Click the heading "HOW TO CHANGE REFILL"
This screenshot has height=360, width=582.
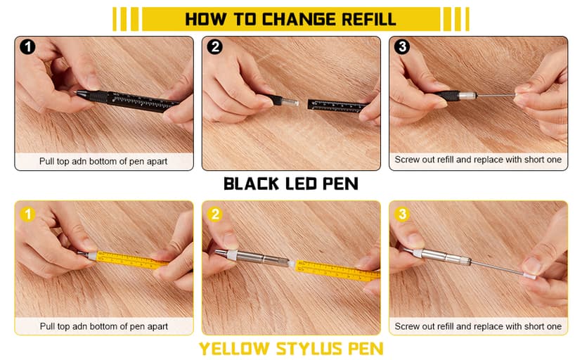(290, 19)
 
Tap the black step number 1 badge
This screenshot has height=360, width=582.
(28, 48)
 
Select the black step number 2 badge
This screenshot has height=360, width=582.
(215, 48)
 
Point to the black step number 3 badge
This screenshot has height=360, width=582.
(402, 48)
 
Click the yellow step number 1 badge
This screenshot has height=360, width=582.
(28, 214)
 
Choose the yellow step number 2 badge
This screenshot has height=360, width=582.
(215, 214)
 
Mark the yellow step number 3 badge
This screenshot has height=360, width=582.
(402, 214)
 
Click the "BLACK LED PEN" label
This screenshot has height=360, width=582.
(290, 184)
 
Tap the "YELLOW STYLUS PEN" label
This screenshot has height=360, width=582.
(290, 349)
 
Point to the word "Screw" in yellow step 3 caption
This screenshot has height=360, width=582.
(408, 326)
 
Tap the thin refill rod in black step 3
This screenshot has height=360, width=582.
(492, 93)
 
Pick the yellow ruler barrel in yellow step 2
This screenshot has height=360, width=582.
(330, 266)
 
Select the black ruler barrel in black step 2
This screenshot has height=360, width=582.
(337, 105)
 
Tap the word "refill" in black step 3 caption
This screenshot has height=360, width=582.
(443, 160)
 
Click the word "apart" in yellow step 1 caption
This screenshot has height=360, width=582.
(156, 326)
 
